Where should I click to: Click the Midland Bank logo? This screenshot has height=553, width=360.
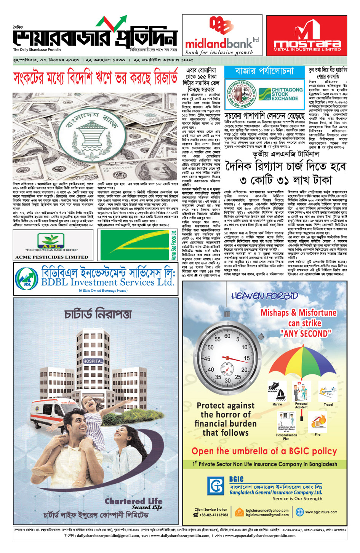click(x=222, y=35)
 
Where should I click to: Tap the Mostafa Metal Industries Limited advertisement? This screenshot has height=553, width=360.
click(x=307, y=35)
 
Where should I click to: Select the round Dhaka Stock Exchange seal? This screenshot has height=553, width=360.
click(x=241, y=94)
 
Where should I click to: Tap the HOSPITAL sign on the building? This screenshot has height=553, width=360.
click(x=93, y=361)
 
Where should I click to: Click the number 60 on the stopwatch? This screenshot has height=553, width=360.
click(x=227, y=336)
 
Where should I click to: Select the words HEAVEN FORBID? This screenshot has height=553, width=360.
click(x=265, y=296)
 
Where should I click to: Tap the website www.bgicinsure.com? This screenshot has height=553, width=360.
click(x=321, y=512)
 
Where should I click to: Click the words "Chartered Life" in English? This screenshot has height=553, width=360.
click(x=133, y=501)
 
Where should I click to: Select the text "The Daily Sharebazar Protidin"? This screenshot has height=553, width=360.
click(x=37, y=50)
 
